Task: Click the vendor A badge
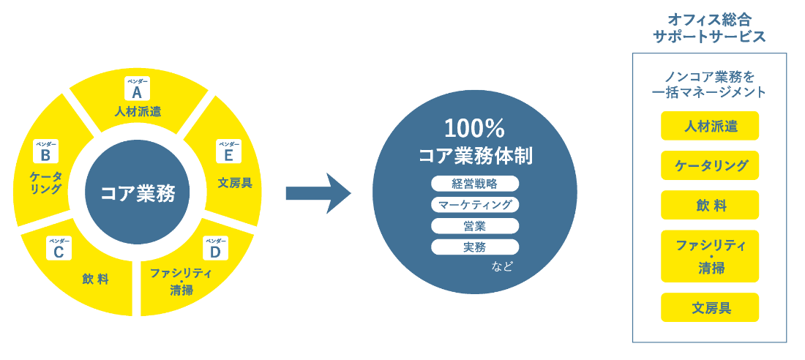pyautogui.click(x=136, y=89)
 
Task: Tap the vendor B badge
pyautogui.click(x=45, y=152)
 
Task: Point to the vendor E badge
pyautogui.click(x=228, y=152)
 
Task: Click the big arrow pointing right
pyautogui.click(x=318, y=193)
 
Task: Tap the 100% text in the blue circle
pyautogui.click(x=474, y=129)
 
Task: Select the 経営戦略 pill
pyautogui.click(x=474, y=183)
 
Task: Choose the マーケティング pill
pyautogui.click(x=474, y=204)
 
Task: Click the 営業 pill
pyautogui.click(x=474, y=225)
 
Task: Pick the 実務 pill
pyautogui.click(x=474, y=247)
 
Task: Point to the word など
pyautogui.click(x=502, y=266)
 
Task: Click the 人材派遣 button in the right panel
pyautogui.click(x=709, y=126)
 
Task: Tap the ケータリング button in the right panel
pyautogui.click(x=709, y=165)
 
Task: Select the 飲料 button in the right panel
pyautogui.click(x=709, y=205)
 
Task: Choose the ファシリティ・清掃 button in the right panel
pyautogui.click(x=709, y=256)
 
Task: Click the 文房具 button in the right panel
pyautogui.click(x=709, y=307)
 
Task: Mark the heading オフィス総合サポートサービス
pyautogui.click(x=708, y=28)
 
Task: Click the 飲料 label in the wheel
pyautogui.click(x=95, y=279)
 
